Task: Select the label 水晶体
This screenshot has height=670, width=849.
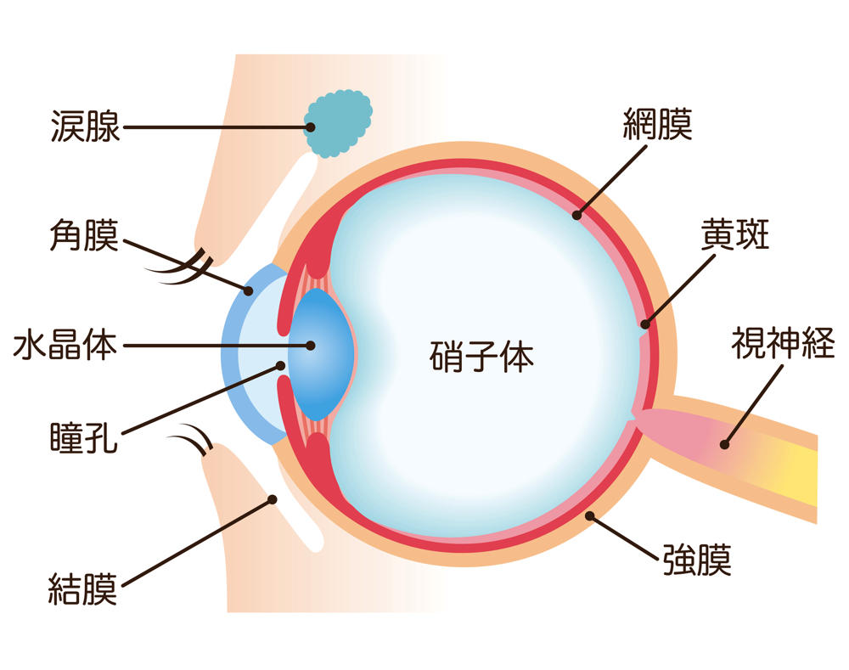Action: (x=65, y=346)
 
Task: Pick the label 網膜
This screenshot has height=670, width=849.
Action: (x=657, y=125)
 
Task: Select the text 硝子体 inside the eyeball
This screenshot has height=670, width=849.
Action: (x=481, y=358)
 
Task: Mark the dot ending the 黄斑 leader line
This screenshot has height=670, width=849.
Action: (x=644, y=324)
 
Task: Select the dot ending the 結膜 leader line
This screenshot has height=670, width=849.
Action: (x=273, y=499)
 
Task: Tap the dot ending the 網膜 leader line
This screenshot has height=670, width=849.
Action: (x=576, y=215)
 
